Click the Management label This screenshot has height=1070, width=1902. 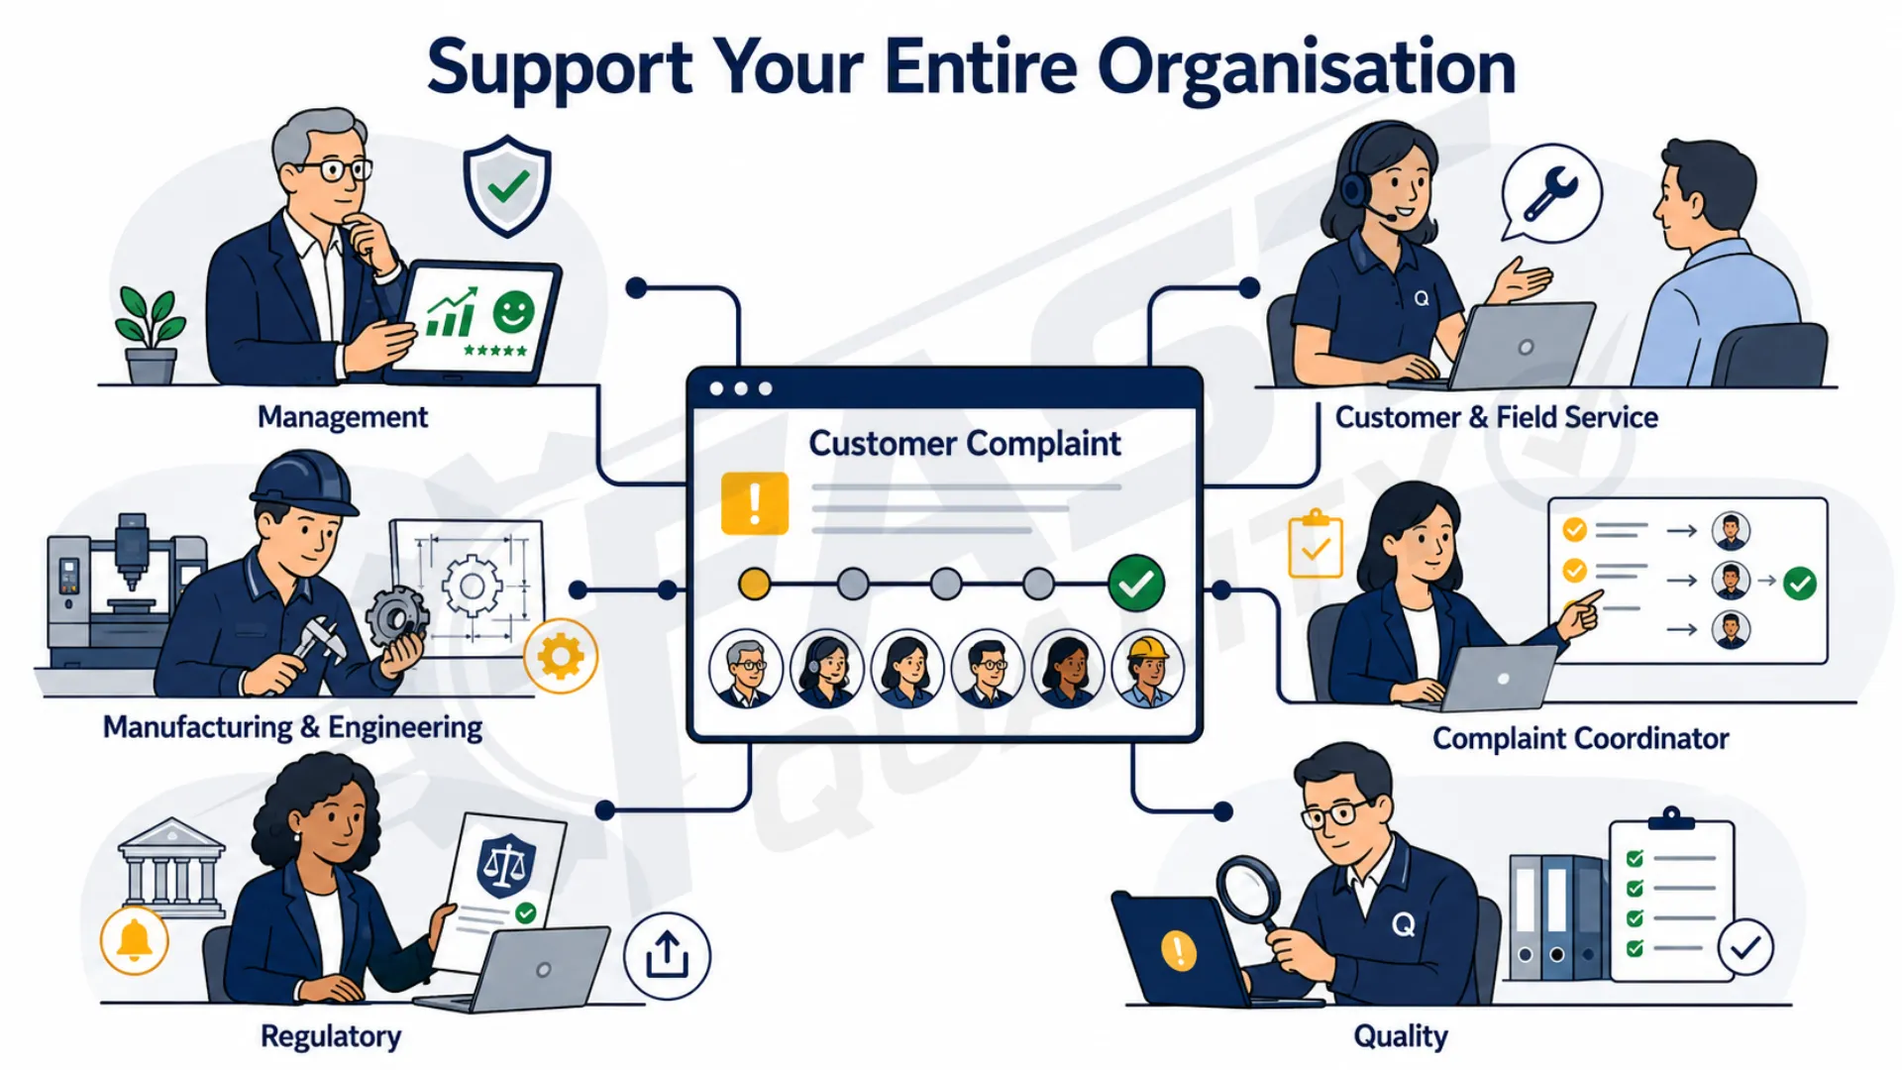tap(343, 417)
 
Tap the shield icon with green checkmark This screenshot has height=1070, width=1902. tap(507, 186)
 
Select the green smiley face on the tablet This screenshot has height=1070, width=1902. tap(513, 312)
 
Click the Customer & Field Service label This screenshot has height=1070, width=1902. tap(1496, 417)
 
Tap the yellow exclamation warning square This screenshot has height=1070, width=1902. tap(755, 503)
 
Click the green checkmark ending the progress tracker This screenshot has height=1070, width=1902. tap(1136, 584)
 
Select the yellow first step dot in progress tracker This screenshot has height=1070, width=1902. tap(755, 584)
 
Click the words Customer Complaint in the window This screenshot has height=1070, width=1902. tap(965, 444)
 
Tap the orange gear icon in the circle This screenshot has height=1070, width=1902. tap(561, 656)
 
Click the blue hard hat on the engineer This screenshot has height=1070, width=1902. tap(304, 483)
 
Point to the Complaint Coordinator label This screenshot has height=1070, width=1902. tap(1580, 738)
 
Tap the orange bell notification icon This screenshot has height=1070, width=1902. tap(135, 940)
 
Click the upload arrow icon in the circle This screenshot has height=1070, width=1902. tap(667, 956)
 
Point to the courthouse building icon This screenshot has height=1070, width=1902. tap(171, 868)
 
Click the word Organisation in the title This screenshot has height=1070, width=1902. tap(1307, 68)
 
